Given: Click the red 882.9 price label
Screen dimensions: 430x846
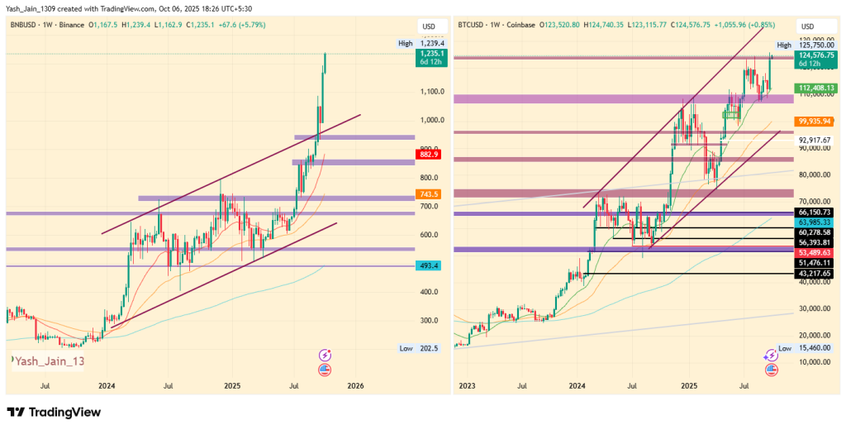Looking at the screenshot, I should tap(430, 154).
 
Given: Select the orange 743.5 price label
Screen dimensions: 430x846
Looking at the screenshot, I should tap(430, 194).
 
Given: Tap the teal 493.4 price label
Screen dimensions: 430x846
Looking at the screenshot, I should tap(430, 265).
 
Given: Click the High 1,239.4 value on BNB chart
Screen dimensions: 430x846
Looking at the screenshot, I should tap(432, 43).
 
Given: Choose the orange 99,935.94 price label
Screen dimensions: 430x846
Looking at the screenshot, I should tap(813, 121).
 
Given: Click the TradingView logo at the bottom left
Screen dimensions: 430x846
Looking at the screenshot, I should tap(54, 412).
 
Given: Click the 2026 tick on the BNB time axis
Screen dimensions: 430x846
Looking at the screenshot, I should tap(355, 385).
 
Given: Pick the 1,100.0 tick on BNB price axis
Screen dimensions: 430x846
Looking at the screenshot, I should tap(432, 92).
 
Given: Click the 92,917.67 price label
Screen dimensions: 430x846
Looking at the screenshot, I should tap(815, 140).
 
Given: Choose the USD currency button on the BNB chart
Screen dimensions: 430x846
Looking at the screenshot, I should tap(428, 26).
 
